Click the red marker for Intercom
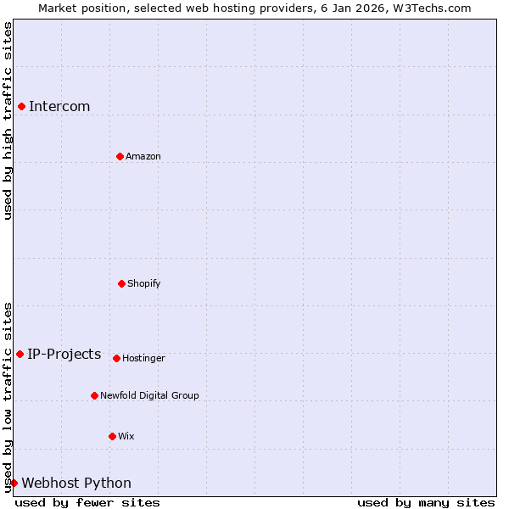click(x=21, y=106)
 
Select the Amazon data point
click(x=120, y=156)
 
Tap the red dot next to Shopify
click(x=121, y=283)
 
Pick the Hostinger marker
click(x=116, y=358)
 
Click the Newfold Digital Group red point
click(x=94, y=395)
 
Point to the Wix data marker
click(x=112, y=436)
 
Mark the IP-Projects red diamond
click(x=20, y=354)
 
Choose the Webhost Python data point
click(x=14, y=483)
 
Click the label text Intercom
click(x=59, y=106)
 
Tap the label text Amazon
click(x=143, y=156)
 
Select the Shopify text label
click(x=144, y=283)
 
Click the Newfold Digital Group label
click(x=149, y=395)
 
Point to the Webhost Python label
click(x=76, y=483)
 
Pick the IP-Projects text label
click(x=64, y=354)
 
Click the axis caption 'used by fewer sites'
click(x=87, y=502)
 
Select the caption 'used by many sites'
click(x=426, y=502)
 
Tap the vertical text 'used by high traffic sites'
click(x=8, y=120)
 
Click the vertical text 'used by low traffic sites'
click(x=8, y=397)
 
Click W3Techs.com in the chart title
click(x=431, y=8)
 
